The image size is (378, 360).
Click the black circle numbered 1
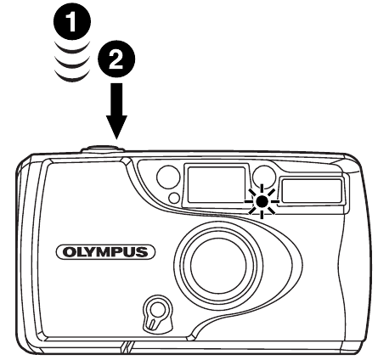[72, 22]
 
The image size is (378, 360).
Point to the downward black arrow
[116, 111]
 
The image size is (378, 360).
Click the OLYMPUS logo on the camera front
[106, 252]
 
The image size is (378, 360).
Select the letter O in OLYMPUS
[69, 252]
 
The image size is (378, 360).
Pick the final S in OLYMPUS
[143, 252]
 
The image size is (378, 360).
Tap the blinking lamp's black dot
[262, 201]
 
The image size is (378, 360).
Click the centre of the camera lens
[218, 265]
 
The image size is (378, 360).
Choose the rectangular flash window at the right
[312, 191]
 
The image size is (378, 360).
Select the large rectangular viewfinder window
[217, 185]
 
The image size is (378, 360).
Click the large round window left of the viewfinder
[168, 177]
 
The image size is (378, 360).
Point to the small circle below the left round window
[174, 198]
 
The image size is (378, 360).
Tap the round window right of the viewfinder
[264, 177]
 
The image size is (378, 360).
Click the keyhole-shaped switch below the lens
[157, 313]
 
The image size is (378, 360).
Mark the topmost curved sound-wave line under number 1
[72, 48]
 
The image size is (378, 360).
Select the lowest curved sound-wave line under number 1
[72, 77]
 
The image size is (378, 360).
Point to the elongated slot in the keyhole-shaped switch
[153, 323]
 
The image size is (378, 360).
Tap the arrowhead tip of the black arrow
[116, 139]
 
